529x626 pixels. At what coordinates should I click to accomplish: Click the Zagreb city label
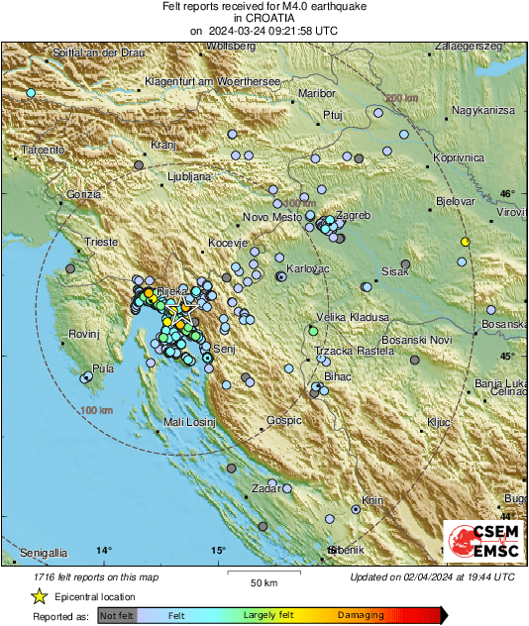point(354,215)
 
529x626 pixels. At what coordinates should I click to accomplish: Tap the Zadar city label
point(265,488)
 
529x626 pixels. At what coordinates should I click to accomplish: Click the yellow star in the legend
point(39,596)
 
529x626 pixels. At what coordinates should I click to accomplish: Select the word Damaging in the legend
point(361,615)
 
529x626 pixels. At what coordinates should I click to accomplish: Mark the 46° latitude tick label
point(507,193)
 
